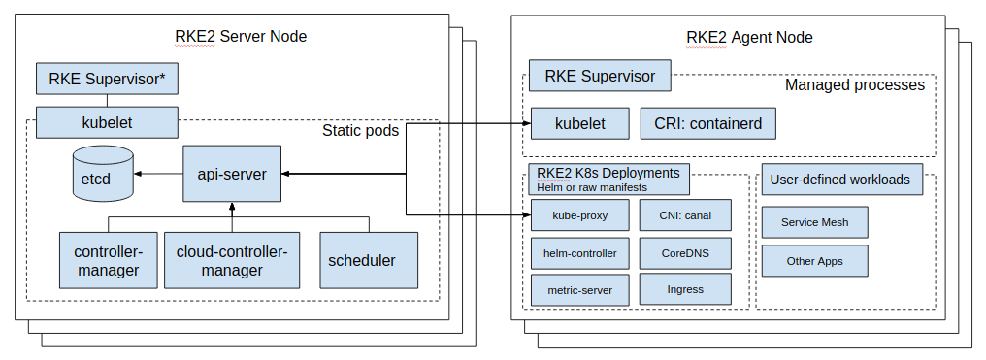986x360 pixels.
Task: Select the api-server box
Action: [x=232, y=174]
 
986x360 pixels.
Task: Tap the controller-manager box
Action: [x=107, y=260]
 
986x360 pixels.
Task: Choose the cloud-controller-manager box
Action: [x=232, y=260]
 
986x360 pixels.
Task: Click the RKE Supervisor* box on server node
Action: [x=107, y=79]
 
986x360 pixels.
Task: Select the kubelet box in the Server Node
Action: [x=107, y=122]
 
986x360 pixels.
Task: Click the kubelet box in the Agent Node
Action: [x=579, y=123]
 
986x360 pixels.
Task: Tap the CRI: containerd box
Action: [x=708, y=123]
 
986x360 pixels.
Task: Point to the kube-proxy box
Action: [x=579, y=214]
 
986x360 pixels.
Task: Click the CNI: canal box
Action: [x=685, y=214]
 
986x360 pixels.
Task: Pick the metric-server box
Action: [x=579, y=289]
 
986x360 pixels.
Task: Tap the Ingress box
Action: [x=685, y=289]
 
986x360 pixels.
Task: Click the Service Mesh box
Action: [x=814, y=222]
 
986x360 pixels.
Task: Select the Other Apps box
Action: [x=814, y=261]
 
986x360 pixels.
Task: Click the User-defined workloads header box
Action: [x=839, y=180]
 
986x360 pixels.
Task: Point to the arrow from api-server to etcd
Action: [x=158, y=174]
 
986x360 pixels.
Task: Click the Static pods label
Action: [x=360, y=130]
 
